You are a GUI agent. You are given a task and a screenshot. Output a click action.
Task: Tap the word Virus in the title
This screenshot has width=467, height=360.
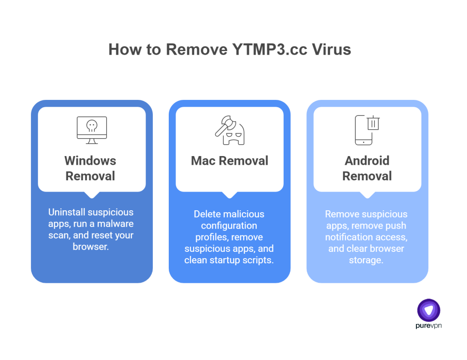tap(332, 49)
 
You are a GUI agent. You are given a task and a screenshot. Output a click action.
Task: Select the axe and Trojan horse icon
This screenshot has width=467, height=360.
tap(229, 130)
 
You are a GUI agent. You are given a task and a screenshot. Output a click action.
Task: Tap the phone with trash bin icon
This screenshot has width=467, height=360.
tap(367, 130)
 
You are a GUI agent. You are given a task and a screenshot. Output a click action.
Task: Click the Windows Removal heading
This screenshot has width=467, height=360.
tap(90, 168)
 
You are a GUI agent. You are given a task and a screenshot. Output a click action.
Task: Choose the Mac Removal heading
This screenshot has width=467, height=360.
tap(229, 161)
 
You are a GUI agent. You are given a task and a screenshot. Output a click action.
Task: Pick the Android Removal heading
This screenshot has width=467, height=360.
tap(367, 168)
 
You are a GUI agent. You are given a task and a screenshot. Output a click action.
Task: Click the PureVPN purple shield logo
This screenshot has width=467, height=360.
tap(429, 310)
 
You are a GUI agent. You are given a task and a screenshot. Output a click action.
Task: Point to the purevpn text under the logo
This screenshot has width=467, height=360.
tap(429, 326)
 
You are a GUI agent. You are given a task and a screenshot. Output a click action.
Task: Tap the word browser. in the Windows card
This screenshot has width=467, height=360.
tap(91, 247)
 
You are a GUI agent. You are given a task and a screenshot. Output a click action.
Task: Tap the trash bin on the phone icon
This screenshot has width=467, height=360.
tap(374, 123)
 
